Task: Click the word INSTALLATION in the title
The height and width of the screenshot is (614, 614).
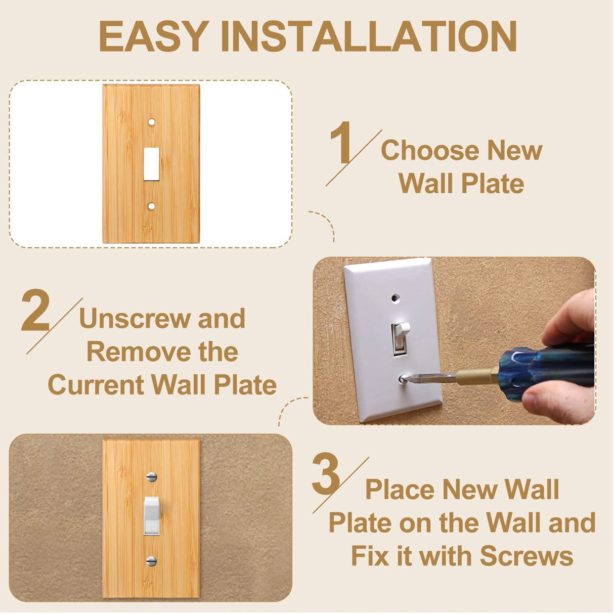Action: coord(369,36)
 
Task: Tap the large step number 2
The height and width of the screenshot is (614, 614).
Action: coord(35,311)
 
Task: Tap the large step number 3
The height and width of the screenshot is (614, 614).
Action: coord(326,474)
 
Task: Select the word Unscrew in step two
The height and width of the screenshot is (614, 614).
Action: coord(134,319)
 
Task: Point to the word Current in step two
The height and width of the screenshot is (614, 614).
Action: coord(96,385)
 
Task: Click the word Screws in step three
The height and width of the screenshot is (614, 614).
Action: coord(526,556)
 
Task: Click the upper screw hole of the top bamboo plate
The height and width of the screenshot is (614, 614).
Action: coord(151,122)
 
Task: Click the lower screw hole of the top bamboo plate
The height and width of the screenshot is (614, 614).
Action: coord(151,206)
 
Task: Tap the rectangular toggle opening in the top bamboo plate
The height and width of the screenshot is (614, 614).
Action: coord(151,164)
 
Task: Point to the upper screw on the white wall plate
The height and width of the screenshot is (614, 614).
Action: coord(395,298)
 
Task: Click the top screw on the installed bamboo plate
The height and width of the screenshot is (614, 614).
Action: coord(151,476)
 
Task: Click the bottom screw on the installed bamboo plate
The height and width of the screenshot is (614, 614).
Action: coord(151,561)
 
